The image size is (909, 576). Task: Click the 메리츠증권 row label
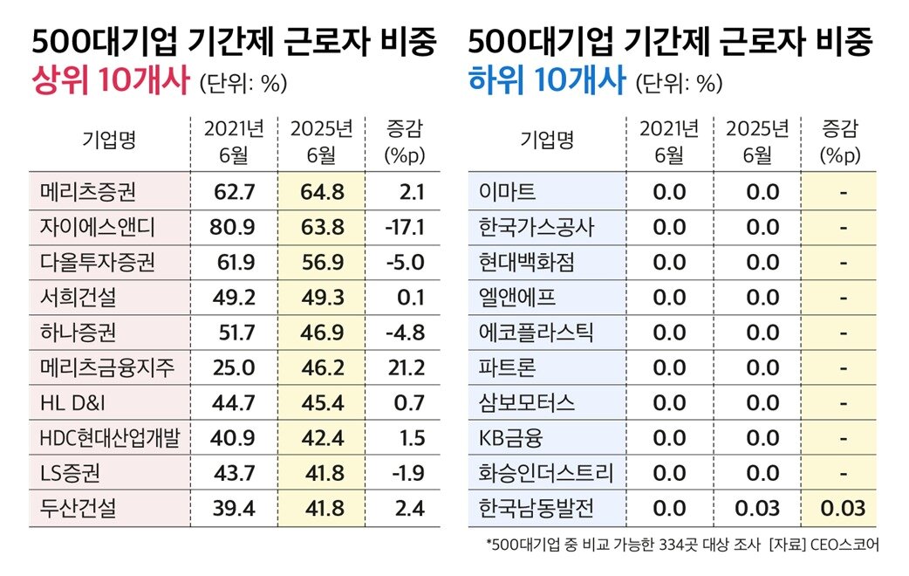point(87,192)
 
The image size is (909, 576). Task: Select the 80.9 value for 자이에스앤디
point(232,227)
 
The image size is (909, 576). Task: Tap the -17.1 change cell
point(405,227)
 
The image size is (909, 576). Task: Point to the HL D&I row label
point(75,403)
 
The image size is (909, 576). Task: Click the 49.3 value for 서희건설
point(322,298)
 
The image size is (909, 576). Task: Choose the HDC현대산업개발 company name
point(109,438)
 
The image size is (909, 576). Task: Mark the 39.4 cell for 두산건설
point(232,509)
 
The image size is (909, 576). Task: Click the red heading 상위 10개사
point(110,83)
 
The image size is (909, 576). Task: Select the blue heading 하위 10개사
point(547,83)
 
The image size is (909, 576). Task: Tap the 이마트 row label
point(508,192)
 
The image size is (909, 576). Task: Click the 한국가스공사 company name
point(537,227)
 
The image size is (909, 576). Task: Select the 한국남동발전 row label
point(537,509)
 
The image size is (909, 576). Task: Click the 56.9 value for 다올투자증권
point(322,263)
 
